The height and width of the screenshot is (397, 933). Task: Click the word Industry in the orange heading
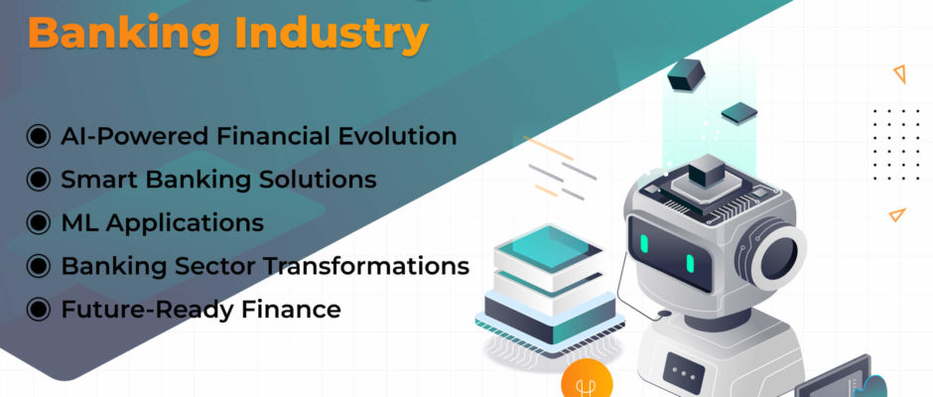coord(332,34)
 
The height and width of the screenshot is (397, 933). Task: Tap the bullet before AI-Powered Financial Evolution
coord(38,136)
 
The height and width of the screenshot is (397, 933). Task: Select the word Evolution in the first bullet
coord(398,136)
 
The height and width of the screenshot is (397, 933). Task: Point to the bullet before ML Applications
coord(38,222)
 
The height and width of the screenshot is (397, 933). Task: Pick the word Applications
coord(186,223)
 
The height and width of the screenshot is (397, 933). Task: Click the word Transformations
coord(366,266)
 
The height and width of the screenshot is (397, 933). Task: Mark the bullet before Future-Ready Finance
coord(38,310)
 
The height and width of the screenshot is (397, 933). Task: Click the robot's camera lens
coord(776,258)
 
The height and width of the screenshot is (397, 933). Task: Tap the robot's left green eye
coord(644,243)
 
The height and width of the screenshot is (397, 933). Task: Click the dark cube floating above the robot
coord(686,74)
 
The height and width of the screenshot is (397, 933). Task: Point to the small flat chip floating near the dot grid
coord(739,113)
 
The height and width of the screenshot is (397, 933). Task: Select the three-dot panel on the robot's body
coord(684,372)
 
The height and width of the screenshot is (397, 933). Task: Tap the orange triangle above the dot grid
coord(899,73)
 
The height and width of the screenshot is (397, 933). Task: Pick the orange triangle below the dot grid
coord(896,214)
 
